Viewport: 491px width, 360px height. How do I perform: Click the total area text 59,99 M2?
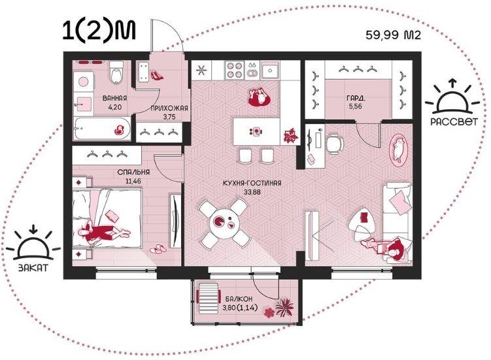point(394,35)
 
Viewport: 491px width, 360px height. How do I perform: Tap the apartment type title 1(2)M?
point(99,31)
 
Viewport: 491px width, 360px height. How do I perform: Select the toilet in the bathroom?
point(116,73)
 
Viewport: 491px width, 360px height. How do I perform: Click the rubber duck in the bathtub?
point(120,129)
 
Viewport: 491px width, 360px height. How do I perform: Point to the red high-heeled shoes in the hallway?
point(157,75)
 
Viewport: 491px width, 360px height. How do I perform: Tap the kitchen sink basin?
point(270,70)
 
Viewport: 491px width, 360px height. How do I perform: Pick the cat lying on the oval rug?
point(398,149)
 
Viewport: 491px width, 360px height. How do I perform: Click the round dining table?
point(224,223)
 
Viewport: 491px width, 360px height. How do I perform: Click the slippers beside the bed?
point(156,249)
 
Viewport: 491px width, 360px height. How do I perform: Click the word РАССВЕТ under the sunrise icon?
point(454,121)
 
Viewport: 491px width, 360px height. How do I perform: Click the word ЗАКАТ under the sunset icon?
point(33,268)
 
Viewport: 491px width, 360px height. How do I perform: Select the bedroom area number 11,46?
point(133,181)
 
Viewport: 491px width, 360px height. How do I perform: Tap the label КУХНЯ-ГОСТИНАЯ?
point(252,183)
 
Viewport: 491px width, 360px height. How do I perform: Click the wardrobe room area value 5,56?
point(356,106)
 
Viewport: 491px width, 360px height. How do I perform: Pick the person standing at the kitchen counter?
point(260,97)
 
